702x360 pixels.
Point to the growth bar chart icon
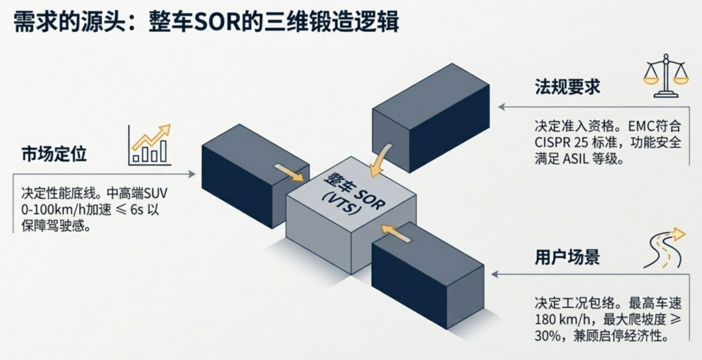pos(149,144)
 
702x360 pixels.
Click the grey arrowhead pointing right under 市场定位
pos(192,174)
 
